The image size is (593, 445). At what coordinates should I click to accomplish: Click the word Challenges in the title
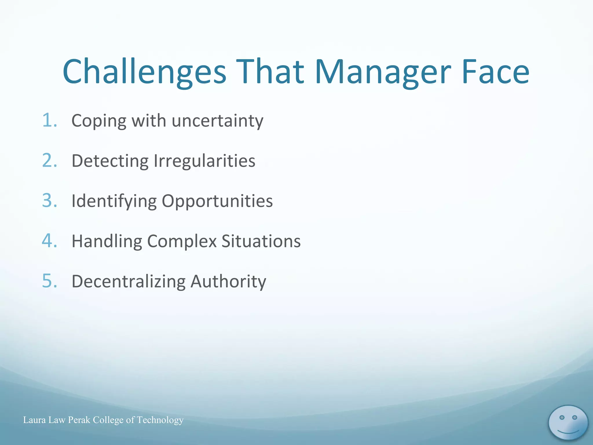click(x=144, y=72)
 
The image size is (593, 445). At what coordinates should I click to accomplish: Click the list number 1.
click(x=49, y=120)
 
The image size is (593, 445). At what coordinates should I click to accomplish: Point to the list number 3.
click(x=49, y=200)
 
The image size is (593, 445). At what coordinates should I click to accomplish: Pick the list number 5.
click(x=49, y=281)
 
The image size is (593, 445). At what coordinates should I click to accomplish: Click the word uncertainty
click(x=217, y=121)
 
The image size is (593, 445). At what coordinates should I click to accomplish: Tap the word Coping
click(x=99, y=121)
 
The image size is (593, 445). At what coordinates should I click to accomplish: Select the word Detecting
click(x=110, y=161)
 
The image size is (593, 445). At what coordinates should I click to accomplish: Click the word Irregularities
click(x=204, y=161)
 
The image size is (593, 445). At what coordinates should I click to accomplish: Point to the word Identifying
click(x=114, y=201)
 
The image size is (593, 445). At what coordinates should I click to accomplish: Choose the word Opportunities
click(x=217, y=201)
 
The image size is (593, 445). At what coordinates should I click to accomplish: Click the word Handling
click(x=107, y=241)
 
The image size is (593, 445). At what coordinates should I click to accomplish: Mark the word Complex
click(x=182, y=241)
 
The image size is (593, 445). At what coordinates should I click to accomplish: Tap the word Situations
click(x=261, y=241)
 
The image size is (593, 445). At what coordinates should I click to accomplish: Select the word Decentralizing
click(x=129, y=282)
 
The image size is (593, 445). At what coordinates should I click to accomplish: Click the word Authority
click(x=228, y=282)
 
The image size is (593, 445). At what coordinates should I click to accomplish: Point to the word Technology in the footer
click(x=160, y=420)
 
